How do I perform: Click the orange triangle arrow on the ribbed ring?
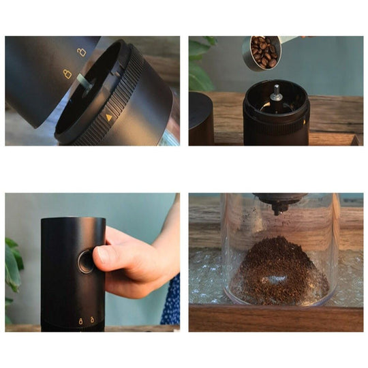point(109,117)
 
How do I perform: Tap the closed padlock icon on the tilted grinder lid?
point(67,74)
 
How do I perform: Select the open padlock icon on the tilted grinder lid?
point(82,52)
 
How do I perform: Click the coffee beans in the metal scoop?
point(264,51)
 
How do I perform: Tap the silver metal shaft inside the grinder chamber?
point(276,93)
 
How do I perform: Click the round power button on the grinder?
point(86,261)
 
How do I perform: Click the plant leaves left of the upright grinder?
point(14,266)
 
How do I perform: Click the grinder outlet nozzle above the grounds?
point(279,204)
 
